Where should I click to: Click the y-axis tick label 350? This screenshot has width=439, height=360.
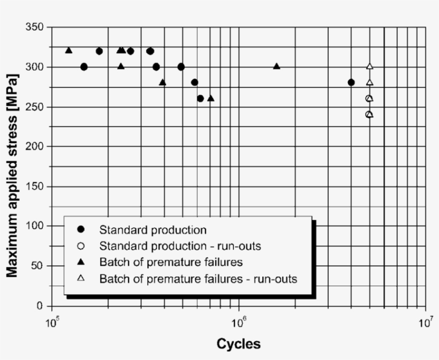click(36, 27)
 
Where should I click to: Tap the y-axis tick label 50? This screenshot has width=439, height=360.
click(39, 266)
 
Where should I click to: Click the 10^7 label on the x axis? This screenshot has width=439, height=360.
click(425, 323)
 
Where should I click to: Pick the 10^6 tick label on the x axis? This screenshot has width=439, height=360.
click(238, 323)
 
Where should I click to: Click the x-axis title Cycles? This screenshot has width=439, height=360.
click(238, 344)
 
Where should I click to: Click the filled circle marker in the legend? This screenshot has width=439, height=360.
click(81, 231)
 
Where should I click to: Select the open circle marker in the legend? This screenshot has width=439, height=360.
click(81, 247)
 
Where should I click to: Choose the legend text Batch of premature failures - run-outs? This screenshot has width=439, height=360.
click(198, 279)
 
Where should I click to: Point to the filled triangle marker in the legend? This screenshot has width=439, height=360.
click(81, 263)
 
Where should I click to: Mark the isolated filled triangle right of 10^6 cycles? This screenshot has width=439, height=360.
click(276, 66)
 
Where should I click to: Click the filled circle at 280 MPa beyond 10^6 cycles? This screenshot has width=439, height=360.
click(351, 82)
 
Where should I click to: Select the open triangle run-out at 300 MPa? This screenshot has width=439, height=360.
click(369, 66)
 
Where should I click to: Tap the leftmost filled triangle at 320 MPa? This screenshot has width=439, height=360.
click(69, 50)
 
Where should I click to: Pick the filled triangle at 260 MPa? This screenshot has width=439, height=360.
click(210, 98)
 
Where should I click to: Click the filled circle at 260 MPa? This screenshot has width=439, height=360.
click(200, 98)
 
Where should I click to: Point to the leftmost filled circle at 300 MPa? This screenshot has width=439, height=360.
click(84, 67)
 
